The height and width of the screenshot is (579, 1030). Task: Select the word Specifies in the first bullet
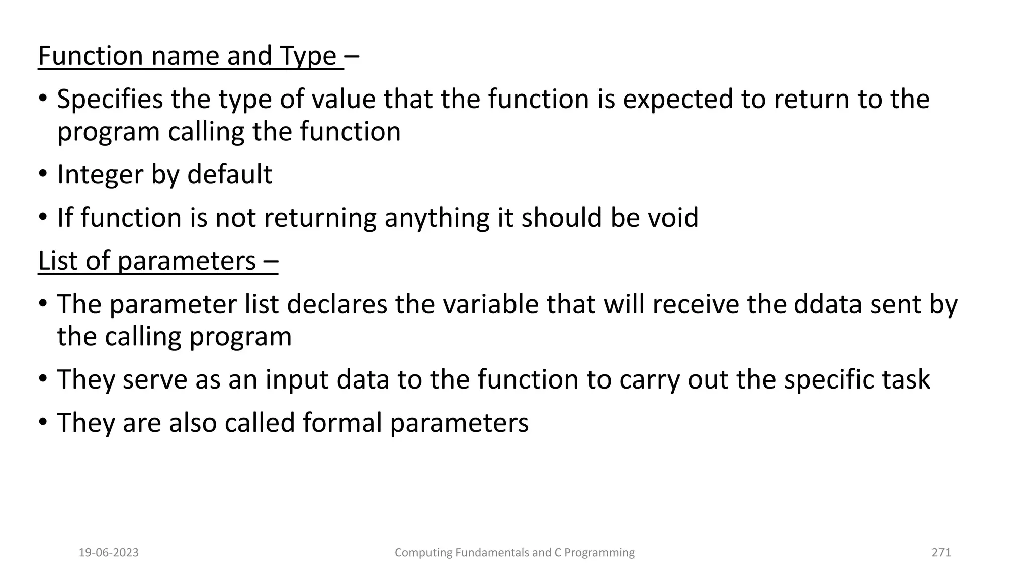coord(110,100)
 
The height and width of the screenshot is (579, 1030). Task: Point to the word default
coord(229,174)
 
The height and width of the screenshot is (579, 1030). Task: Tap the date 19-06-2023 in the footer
coord(109,553)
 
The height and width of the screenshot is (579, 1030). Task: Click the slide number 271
coord(941,553)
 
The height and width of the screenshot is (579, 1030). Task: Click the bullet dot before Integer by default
coord(43,175)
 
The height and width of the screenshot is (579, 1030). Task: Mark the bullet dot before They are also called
coord(43,423)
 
